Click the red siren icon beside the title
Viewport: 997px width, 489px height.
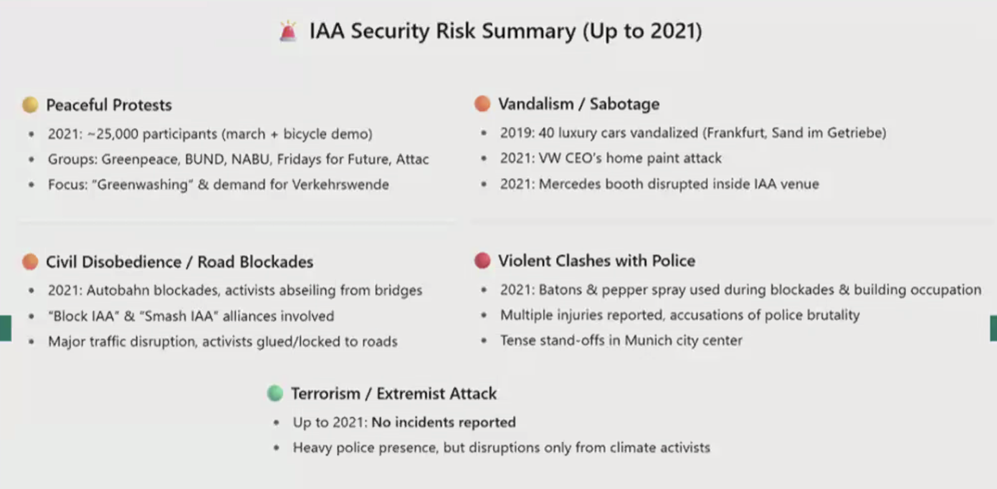click(x=288, y=31)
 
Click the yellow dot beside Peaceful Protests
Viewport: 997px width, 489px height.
click(x=30, y=105)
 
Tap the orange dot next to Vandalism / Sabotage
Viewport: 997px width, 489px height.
click(x=482, y=104)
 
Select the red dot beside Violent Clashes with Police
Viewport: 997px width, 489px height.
click(x=482, y=261)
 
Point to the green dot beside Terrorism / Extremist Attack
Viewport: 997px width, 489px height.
click(x=275, y=393)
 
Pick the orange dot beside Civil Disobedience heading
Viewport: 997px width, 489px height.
click(x=30, y=262)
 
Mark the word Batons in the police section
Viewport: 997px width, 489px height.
click(x=560, y=290)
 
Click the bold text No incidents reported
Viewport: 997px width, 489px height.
click(x=444, y=422)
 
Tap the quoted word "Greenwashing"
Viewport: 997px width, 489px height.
click(x=143, y=185)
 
